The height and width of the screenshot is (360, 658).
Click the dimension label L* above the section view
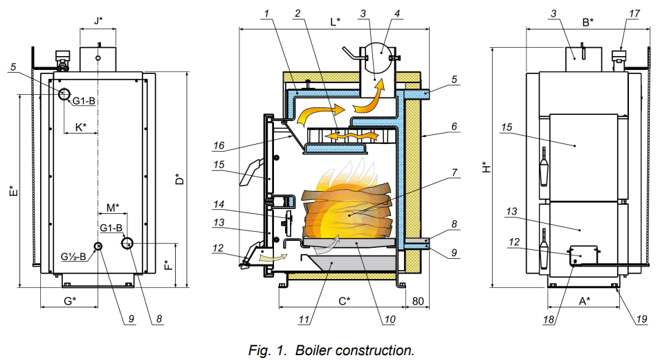[335, 21]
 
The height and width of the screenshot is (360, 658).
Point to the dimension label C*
[344, 301]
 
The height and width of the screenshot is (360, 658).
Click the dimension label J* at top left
[100, 21]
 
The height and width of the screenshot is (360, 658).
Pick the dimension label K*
[81, 127]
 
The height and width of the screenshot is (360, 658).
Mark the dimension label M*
[113, 207]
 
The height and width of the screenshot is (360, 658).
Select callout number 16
[219, 146]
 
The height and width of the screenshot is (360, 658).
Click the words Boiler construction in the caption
[355, 350]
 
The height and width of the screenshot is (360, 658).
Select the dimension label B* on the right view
[587, 22]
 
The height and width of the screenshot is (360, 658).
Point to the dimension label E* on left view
[12, 190]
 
